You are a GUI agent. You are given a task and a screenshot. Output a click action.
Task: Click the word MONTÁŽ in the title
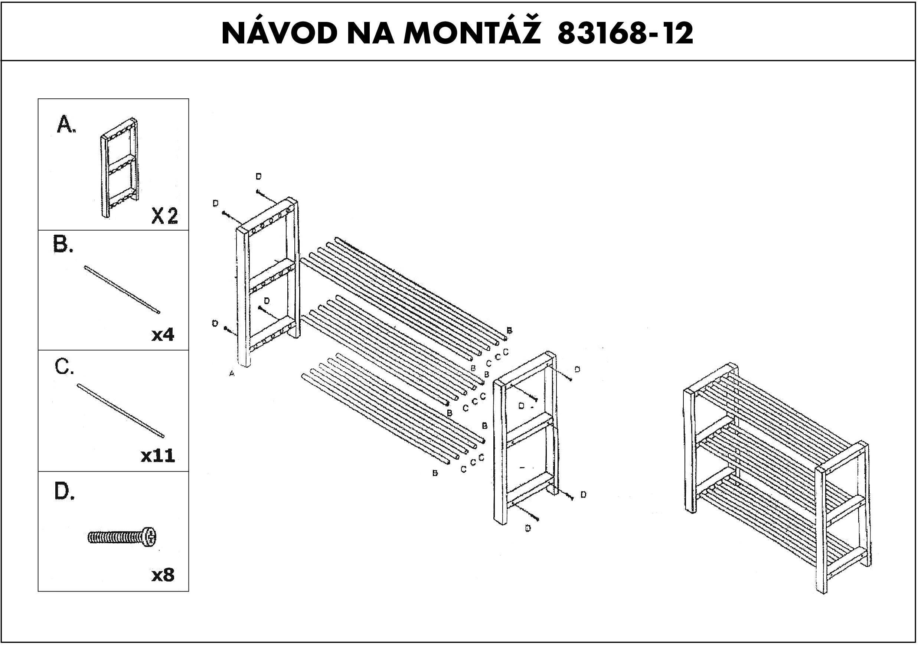(472, 33)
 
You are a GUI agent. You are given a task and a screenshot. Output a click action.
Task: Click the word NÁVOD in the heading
(280, 33)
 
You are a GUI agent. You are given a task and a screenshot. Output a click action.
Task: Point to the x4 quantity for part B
(163, 334)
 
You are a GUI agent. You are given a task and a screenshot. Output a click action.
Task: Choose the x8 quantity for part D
(163, 575)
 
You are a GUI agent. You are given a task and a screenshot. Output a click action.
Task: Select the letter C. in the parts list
(64, 366)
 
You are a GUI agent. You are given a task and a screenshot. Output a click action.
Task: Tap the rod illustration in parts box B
(122, 290)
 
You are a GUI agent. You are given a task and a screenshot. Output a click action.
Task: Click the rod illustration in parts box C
(120, 411)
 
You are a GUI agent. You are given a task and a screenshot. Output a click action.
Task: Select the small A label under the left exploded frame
(232, 374)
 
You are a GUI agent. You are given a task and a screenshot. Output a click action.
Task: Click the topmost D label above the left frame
(259, 176)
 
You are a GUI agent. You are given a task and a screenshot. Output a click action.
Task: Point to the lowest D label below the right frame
(528, 528)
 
